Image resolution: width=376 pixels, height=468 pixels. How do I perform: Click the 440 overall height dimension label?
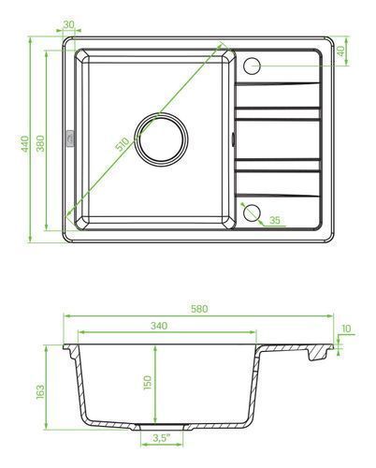25,143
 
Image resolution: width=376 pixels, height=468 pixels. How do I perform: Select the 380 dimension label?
40,143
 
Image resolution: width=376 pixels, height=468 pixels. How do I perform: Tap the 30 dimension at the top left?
68,24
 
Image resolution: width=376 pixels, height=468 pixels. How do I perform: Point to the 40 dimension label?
340,51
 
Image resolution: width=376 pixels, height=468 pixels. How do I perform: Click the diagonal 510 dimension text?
123,144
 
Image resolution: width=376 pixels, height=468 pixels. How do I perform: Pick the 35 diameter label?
274,220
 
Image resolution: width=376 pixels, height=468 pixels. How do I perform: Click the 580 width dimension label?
199,309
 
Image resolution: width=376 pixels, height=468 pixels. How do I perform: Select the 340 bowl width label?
159,326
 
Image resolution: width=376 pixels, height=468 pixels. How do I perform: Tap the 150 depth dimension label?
147,383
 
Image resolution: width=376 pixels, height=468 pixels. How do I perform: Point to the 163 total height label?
40,392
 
